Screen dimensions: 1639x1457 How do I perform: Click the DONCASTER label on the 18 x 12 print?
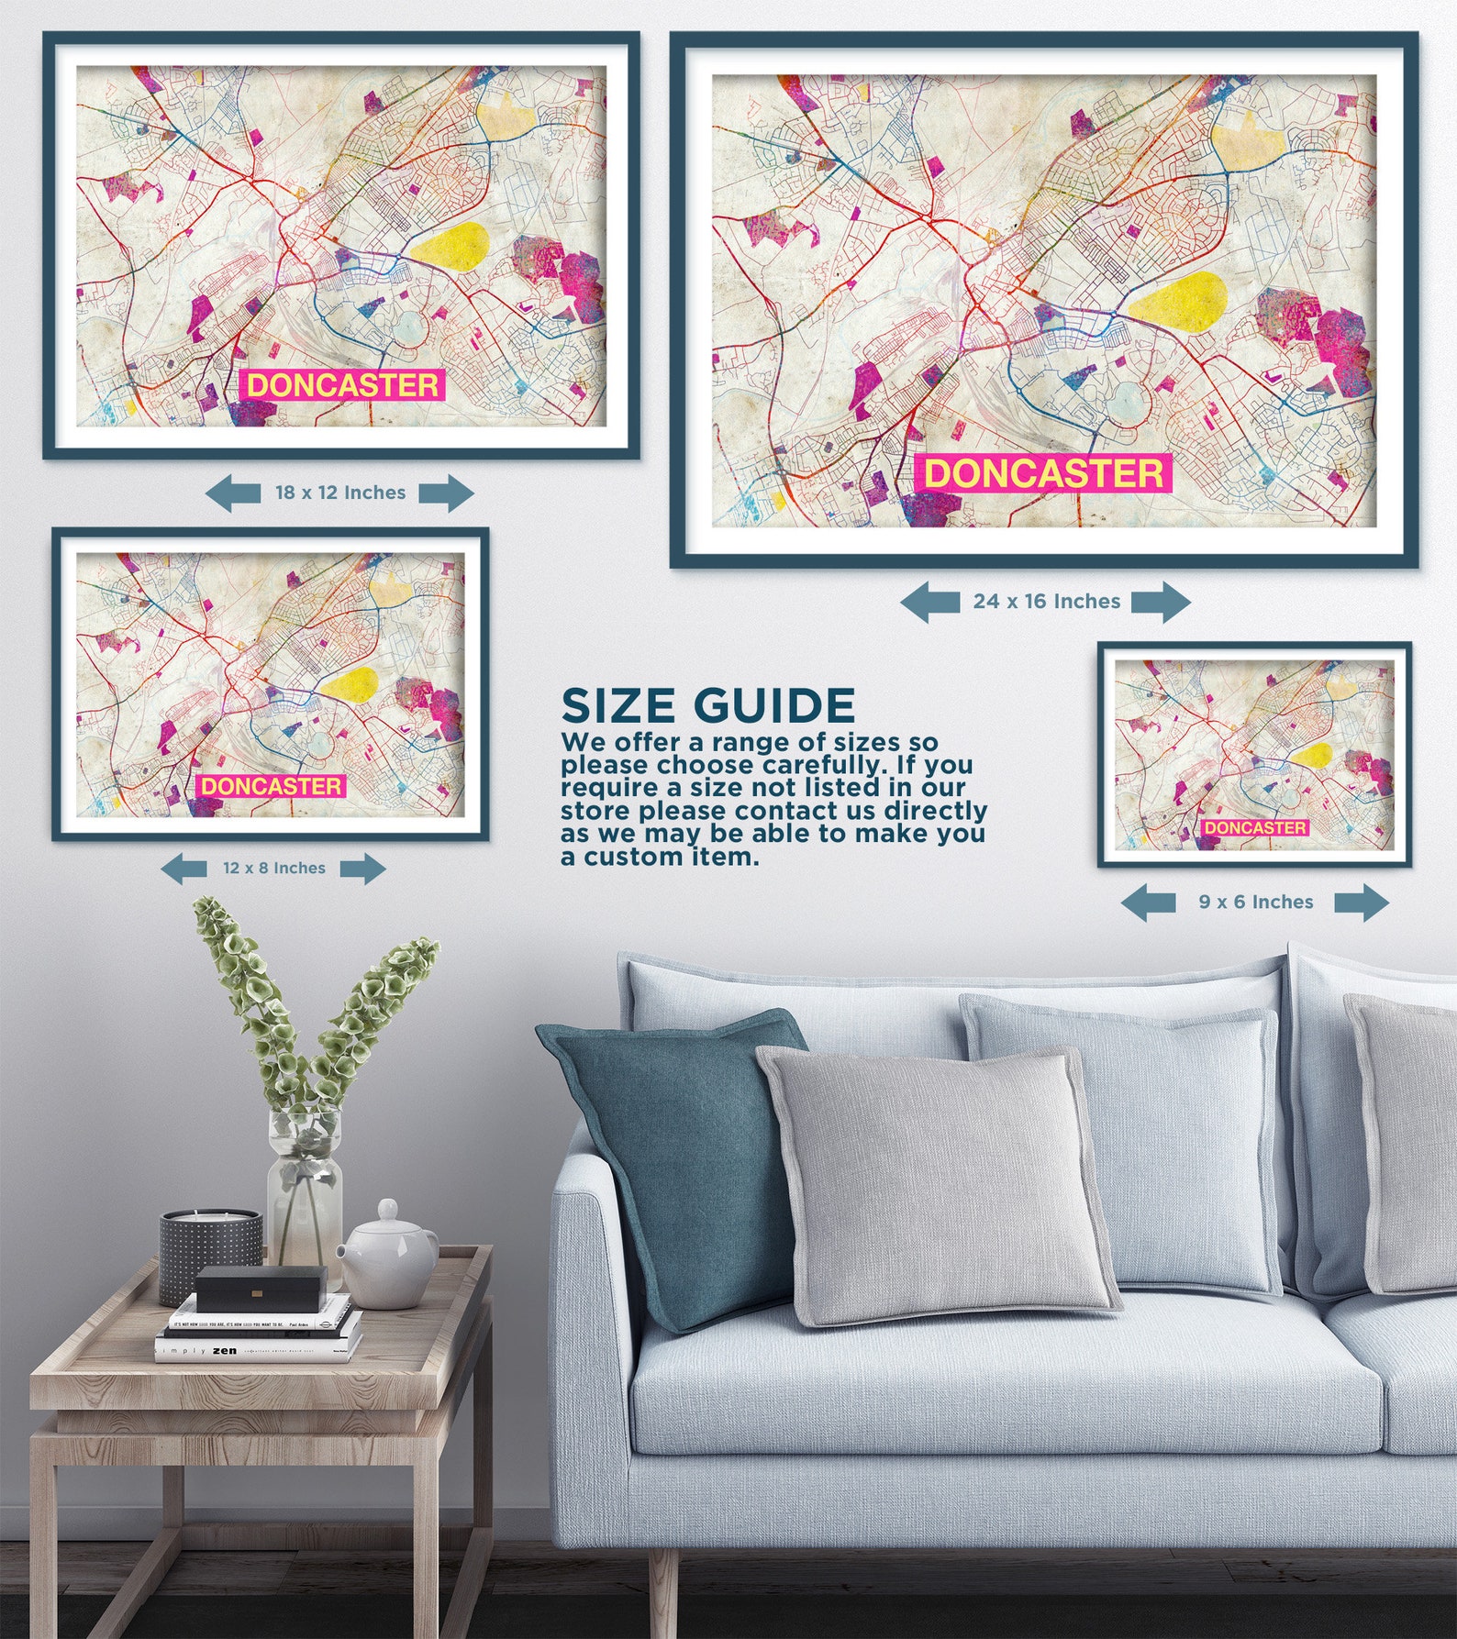point(342,385)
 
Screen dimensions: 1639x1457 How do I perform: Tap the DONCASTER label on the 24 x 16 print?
point(1043,473)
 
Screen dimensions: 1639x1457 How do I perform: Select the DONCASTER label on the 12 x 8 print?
point(271,786)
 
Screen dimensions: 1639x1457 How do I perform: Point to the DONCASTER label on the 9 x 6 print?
point(1255,827)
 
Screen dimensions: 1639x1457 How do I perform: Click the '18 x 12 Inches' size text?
point(340,493)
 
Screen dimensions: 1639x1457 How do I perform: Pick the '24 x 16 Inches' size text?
point(1047,602)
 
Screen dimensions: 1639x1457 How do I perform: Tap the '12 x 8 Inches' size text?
point(274,868)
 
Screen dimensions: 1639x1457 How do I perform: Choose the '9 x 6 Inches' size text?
point(1256,903)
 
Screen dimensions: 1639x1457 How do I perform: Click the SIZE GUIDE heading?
point(708,706)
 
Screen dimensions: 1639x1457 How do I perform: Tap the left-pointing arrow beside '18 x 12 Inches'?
point(232,493)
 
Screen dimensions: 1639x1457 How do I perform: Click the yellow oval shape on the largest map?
point(1177,300)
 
